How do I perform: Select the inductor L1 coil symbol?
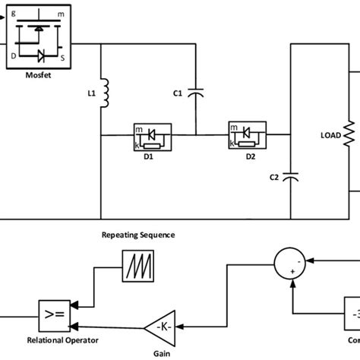tap(106, 93)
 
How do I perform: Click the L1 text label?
tap(91, 93)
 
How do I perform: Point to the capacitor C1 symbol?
tap(196, 93)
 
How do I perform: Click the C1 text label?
tap(178, 93)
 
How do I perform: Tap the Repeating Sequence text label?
tap(138, 235)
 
